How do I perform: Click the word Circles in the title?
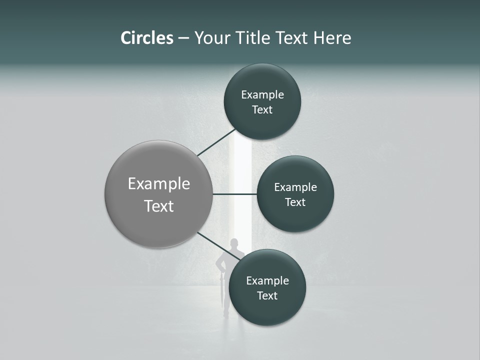point(146,38)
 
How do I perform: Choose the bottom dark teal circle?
point(267,310)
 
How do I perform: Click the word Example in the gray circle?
point(159,184)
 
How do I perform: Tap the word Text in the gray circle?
point(159,206)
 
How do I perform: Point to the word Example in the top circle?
point(262,95)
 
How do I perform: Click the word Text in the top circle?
point(262,110)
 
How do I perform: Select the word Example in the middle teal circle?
point(295,187)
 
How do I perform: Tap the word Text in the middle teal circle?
point(295,202)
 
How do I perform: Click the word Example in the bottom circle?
point(267,281)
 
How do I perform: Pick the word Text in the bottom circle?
point(267,296)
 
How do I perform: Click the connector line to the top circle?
point(216,142)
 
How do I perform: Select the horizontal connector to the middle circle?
point(234,194)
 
